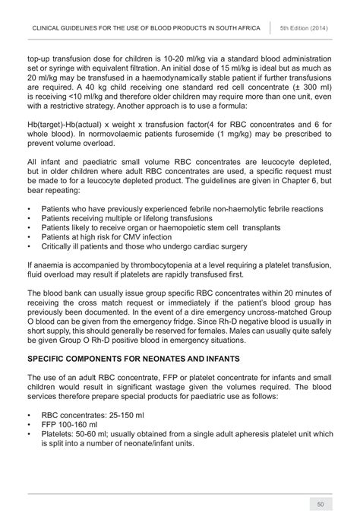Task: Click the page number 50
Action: click(321, 504)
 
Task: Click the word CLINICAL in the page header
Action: click(47, 26)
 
